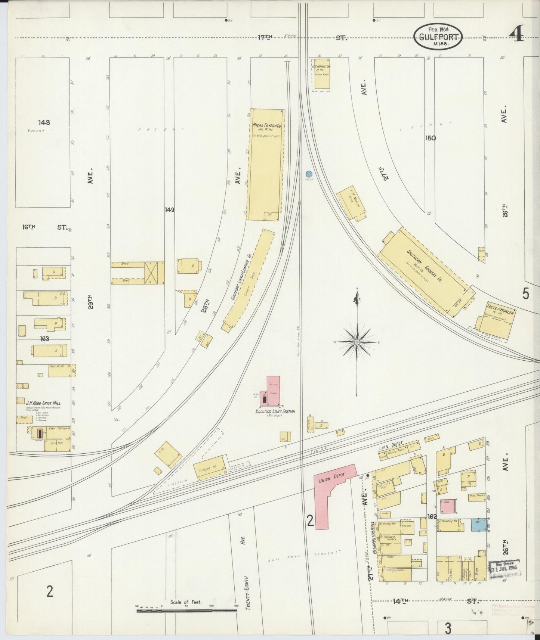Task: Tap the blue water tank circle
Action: [x=309, y=174]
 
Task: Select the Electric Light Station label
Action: [x=275, y=411]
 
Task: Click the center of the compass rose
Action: [x=357, y=342]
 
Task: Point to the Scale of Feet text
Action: [x=186, y=602]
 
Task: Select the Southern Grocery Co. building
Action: [x=424, y=269]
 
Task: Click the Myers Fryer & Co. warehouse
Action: [x=266, y=164]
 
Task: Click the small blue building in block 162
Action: [x=476, y=524]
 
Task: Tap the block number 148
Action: [x=44, y=122]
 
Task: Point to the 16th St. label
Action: [x=44, y=227]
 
